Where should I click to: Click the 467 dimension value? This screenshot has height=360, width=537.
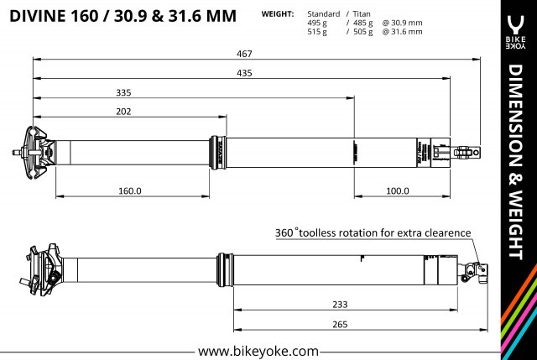pyautogui.click(x=244, y=53)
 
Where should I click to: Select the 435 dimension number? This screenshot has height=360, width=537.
pyautogui.click(x=245, y=73)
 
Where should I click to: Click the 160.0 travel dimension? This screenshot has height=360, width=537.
pyautogui.click(x=129, y=190)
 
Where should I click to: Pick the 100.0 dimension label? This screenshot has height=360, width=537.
pyautogui.click(x=396, y=190)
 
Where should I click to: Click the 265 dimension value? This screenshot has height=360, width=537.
pyautogui.click(x=341, y=325)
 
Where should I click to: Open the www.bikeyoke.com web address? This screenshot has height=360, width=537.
pyautogui.click(x=258, y=350)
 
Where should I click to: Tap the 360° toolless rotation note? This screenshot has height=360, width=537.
pyautogui.click(x=373, y=232)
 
